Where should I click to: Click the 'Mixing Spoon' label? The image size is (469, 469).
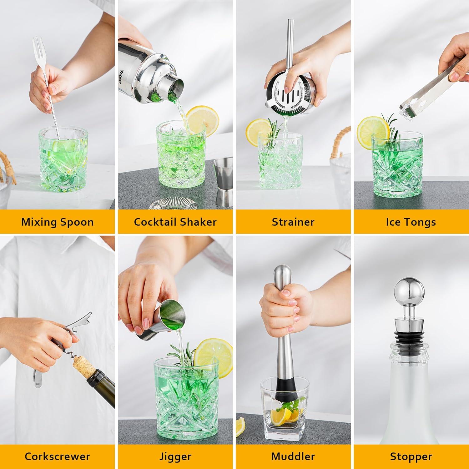click(58, 222)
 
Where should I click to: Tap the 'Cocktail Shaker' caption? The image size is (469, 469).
click(175, 222)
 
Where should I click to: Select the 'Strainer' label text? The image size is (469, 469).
click(293, 222)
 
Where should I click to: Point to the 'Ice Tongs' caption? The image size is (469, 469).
click(411, 222)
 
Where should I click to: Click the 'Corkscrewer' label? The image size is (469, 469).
click(58, 456)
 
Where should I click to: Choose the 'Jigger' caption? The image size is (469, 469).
click(175, 456)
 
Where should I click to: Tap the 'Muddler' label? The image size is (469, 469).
click(293, 456)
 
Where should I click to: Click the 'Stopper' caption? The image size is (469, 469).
click(411, 456)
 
